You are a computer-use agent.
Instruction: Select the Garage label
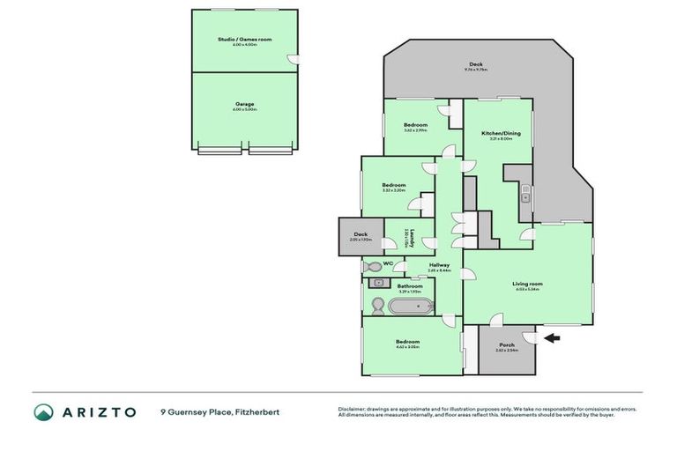coord(244,104)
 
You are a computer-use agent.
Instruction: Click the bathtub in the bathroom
coord(411,307)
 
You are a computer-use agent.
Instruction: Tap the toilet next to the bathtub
coord(376,306)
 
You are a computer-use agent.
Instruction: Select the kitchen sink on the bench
coord(524,196)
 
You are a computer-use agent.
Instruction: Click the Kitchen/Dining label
coord(501,133)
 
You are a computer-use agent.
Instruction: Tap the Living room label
coord(528,284)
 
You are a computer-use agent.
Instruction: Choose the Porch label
coord(507,344)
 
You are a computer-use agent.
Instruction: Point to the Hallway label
coord(439,265)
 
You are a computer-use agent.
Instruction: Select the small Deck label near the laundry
coord(360,234)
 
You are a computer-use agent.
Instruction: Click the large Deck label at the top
coord(476,63)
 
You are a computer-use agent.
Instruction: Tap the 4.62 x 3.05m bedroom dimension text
coord(407,347)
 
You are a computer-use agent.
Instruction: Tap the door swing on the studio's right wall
coord(294,59)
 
